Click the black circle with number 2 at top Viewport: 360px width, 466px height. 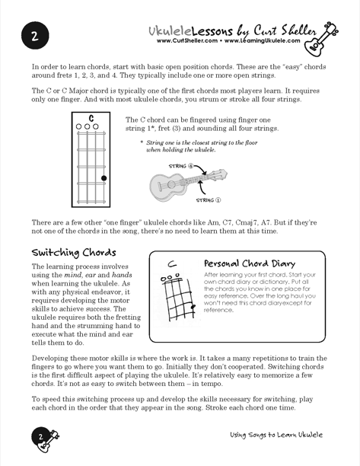(35, 36)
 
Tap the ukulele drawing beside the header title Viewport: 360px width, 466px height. (320, 39)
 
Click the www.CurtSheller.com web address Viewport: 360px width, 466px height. (187, 40)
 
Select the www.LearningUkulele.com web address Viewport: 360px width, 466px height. (263, 40)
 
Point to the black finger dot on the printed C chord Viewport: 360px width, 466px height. (104, 178)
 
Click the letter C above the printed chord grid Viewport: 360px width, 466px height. (91, 118)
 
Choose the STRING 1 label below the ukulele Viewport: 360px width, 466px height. (209, 200)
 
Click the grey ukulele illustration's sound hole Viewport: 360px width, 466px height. (171, 184)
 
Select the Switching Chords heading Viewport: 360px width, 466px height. (74, 253)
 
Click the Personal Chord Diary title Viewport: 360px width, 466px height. (250, 263)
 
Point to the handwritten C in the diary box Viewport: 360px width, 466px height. (172, 263)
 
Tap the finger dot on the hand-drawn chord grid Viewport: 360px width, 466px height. (193, 306)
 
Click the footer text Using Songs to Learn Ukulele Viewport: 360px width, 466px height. (276, 435)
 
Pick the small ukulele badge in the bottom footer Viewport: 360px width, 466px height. (45, 440)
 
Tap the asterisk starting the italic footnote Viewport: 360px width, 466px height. (142, 142)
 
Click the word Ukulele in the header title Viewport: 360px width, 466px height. (170, 30)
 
